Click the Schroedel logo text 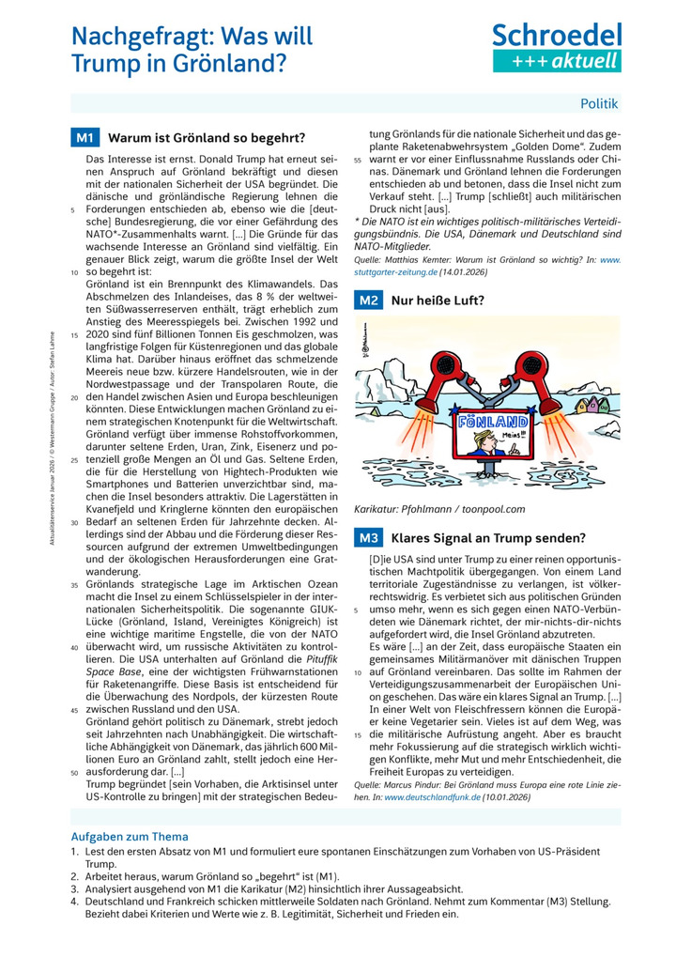[557, 36]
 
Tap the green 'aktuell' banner [557, 61]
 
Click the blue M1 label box [84, 138]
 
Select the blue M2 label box [368, 301]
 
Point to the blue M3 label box [368, 538]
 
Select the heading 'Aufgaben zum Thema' [130, 836]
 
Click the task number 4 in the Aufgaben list [75, 901]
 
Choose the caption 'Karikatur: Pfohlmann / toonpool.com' [439, 509]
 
